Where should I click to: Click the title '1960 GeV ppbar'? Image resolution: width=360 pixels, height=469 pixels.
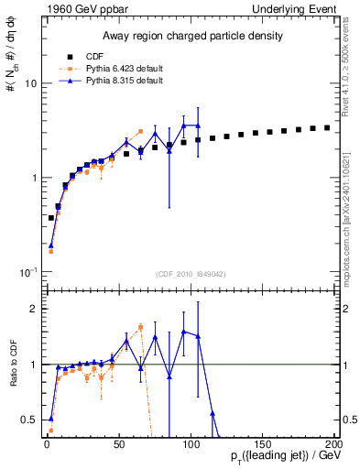[x=76, y=8]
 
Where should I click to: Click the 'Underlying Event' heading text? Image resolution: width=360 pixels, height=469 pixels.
[x=294, y=8]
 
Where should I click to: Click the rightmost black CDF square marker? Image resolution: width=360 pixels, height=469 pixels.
[x=327, y=127]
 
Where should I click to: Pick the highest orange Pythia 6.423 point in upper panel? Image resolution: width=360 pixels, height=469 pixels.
[x=140, y=131]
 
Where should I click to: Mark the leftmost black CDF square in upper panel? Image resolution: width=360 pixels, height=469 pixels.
[x=50, y=218]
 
